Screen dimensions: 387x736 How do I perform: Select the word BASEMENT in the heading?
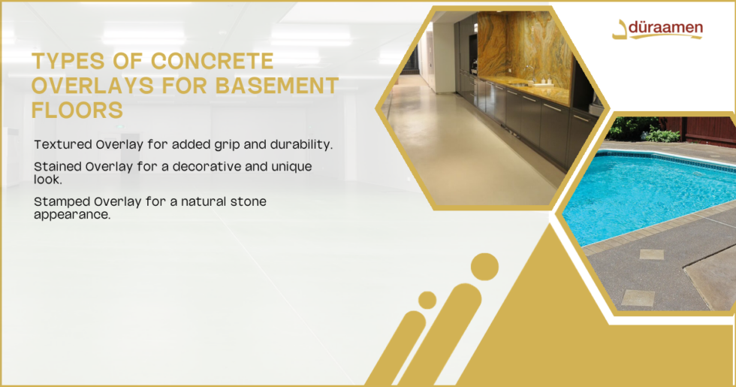tap(279, 86)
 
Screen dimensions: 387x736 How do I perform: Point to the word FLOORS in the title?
tap(77, 110)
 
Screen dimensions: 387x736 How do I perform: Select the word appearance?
tap(72, 214)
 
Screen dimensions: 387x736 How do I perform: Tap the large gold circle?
tap(484, 267)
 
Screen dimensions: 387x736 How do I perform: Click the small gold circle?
tap(427, 300)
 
